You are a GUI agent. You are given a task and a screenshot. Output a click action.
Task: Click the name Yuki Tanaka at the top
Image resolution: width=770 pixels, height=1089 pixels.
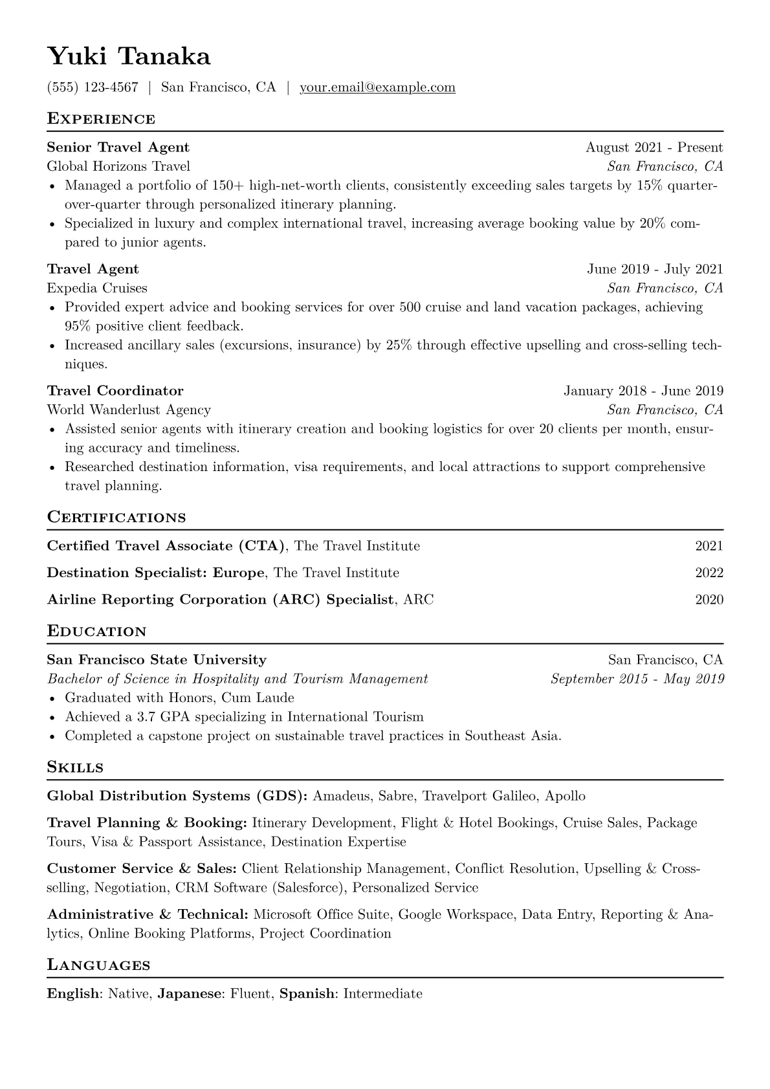point(129,57)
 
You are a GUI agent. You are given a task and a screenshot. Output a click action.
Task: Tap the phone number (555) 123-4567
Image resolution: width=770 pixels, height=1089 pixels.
point(93,87)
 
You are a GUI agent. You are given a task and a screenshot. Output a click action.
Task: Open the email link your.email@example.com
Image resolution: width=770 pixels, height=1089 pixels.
point(377,87)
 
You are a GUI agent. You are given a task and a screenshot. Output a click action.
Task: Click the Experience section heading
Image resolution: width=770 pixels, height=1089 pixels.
point(101,119)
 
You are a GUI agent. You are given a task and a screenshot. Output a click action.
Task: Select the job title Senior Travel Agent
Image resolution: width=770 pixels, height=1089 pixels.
point(118,148)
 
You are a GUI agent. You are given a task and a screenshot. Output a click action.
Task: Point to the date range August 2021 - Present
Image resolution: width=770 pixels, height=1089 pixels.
point(654,148)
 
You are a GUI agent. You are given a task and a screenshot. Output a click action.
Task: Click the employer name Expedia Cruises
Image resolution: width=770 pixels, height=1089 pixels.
point(97,288)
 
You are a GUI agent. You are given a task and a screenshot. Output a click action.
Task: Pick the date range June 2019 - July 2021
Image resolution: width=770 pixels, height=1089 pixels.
point(655,269)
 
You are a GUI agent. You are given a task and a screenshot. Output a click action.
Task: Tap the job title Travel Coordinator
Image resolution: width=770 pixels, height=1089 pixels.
point(115,391)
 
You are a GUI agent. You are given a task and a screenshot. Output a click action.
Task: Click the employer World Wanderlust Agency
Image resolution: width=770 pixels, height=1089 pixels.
point(129,410)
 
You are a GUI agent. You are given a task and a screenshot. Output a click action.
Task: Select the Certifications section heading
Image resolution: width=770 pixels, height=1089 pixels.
point(116,518)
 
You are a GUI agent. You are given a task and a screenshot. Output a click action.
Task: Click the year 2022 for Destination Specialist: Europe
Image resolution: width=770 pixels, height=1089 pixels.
point(709,573)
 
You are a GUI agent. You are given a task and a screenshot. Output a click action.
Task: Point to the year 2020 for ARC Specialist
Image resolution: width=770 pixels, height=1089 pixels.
point(709,599)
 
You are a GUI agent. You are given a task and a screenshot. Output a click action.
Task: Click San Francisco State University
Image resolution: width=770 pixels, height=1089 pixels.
point(157,660)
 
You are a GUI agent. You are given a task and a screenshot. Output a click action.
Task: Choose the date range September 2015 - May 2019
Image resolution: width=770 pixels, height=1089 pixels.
point(637,679)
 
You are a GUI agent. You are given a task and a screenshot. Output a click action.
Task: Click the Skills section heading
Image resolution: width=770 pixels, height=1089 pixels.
point(75,767)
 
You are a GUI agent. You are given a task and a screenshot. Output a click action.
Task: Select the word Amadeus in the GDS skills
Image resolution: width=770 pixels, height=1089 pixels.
point(341,796)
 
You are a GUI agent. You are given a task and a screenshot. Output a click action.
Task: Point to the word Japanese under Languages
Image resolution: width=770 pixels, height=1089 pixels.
point(189,993)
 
